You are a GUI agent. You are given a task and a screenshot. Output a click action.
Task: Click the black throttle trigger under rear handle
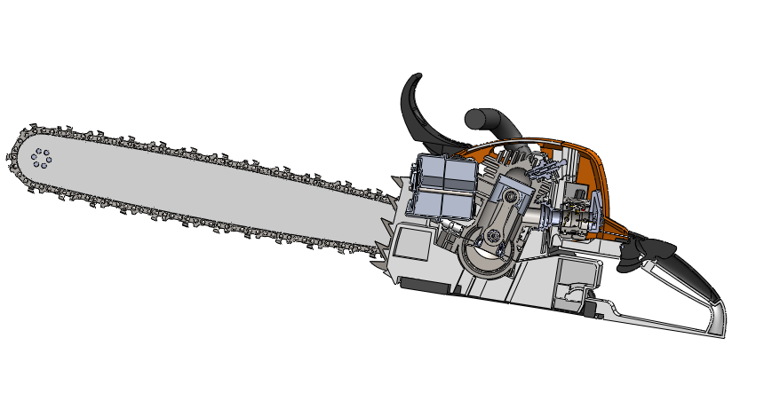(638, 254)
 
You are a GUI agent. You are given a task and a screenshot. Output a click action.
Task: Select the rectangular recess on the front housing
(414, 244)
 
